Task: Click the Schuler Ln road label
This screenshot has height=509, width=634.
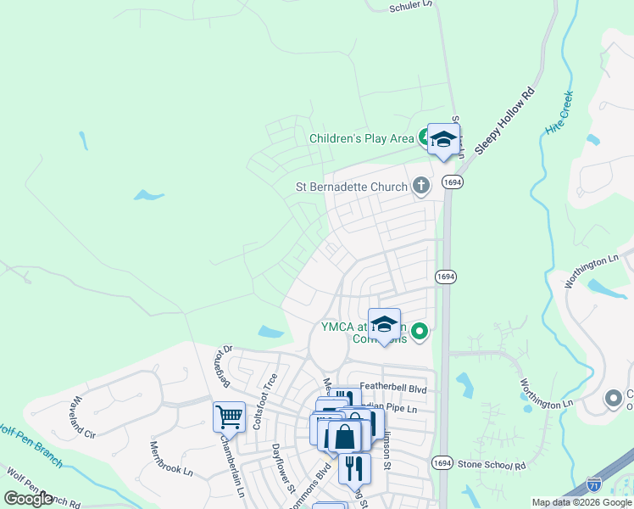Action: pyautogui.click(x=411, y=6)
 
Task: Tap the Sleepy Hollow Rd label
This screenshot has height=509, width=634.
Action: pyautogui.click(x=506, y=120)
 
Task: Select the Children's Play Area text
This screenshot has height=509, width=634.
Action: pyautogui.click(x=361, y=138)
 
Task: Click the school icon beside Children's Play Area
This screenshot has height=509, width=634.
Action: pyautogui.click(x=442, y=140)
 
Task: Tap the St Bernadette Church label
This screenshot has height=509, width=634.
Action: pyautogui.click(x=351, y=187)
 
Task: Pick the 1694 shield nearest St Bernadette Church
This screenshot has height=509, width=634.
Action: pyautogui.click(x=453, y=182)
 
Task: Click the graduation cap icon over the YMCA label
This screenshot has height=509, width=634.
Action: pyautogui.click(x=384, y=325)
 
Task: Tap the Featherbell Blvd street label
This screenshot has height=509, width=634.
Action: pyautogui.click(x=392, y=388)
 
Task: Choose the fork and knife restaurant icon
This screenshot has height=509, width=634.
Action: pyautogui.click(x=354, y=468)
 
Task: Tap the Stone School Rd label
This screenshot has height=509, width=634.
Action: pyautogui.click(x=492, y=466)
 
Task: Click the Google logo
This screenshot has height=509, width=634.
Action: pyautogui.click(x=28, y=498)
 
